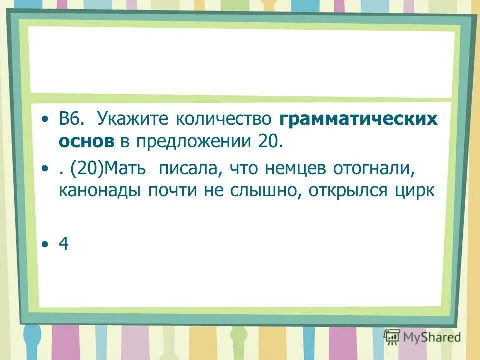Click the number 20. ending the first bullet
point(270,142)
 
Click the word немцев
point(296,169)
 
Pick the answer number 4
point(63,244)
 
